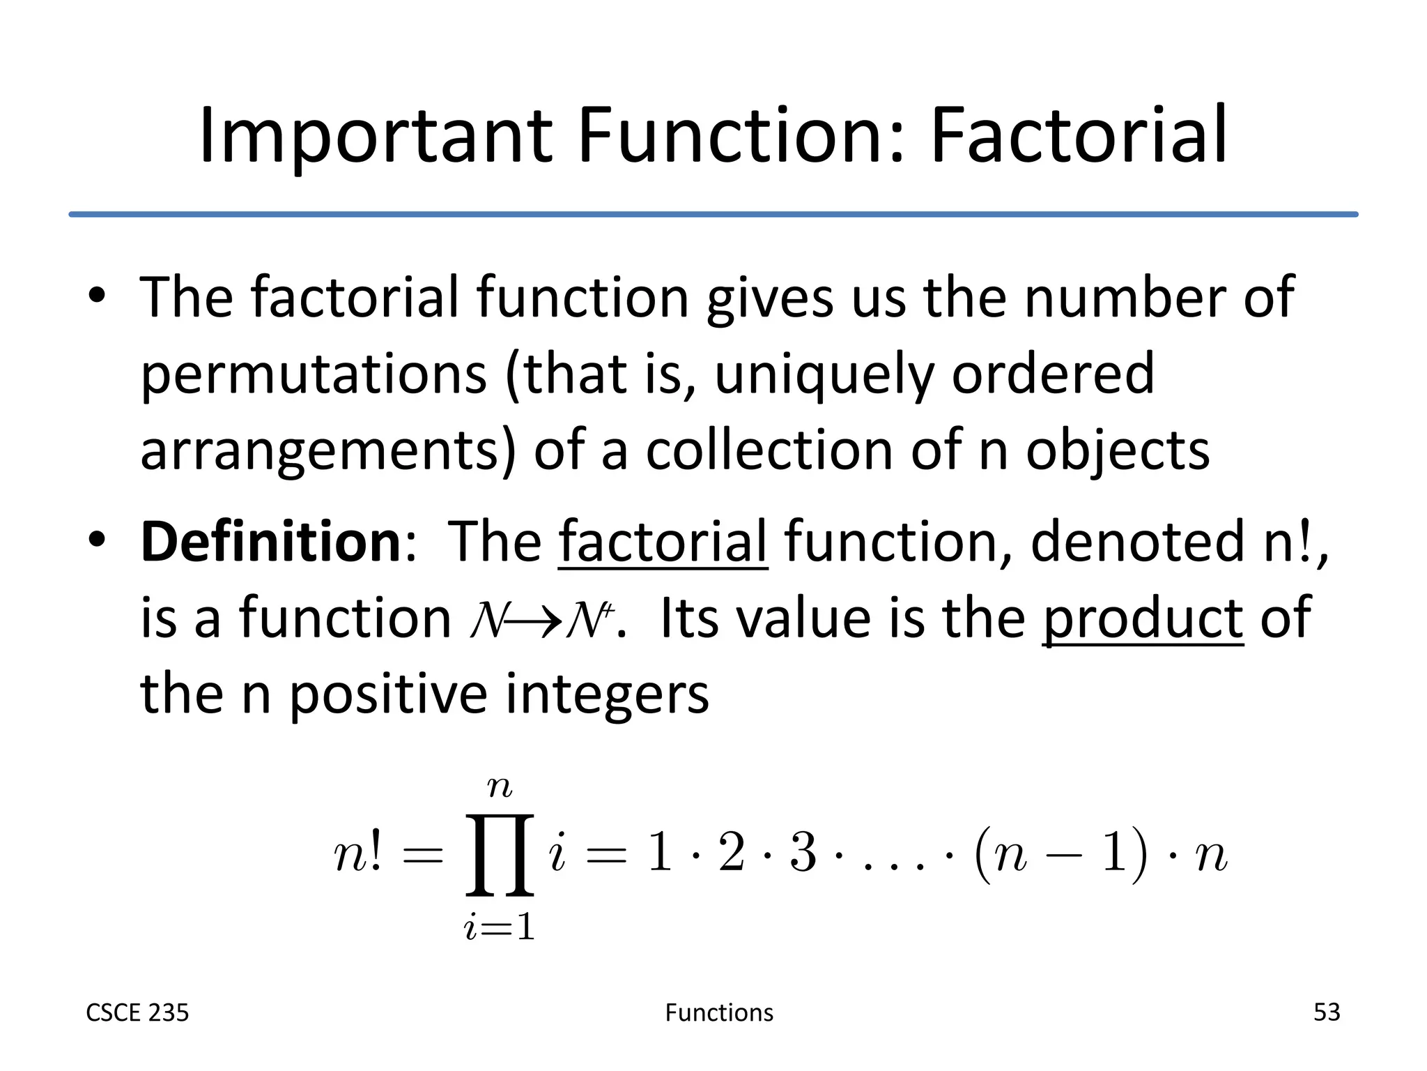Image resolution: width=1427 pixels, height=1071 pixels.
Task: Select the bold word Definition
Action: click(270, 542)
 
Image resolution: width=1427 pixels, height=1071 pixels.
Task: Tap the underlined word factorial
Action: click(663, 542)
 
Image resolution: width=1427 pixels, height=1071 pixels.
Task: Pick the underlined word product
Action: click(1143, 619)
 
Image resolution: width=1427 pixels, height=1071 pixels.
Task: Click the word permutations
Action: click(314, 375)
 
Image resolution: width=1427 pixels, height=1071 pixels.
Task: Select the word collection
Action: click(769, 451)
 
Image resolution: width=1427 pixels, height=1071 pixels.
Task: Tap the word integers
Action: click(606, 694)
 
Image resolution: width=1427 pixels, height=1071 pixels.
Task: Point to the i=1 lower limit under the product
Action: click(500, 928)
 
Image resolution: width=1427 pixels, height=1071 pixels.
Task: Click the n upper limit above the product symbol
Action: click(500, 787)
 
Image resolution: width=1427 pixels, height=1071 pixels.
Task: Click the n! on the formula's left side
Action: click(358, 855)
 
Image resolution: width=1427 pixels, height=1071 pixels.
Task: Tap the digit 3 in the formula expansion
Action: click(803, 853)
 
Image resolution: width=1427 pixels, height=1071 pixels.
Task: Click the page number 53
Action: click(1327, 1012)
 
